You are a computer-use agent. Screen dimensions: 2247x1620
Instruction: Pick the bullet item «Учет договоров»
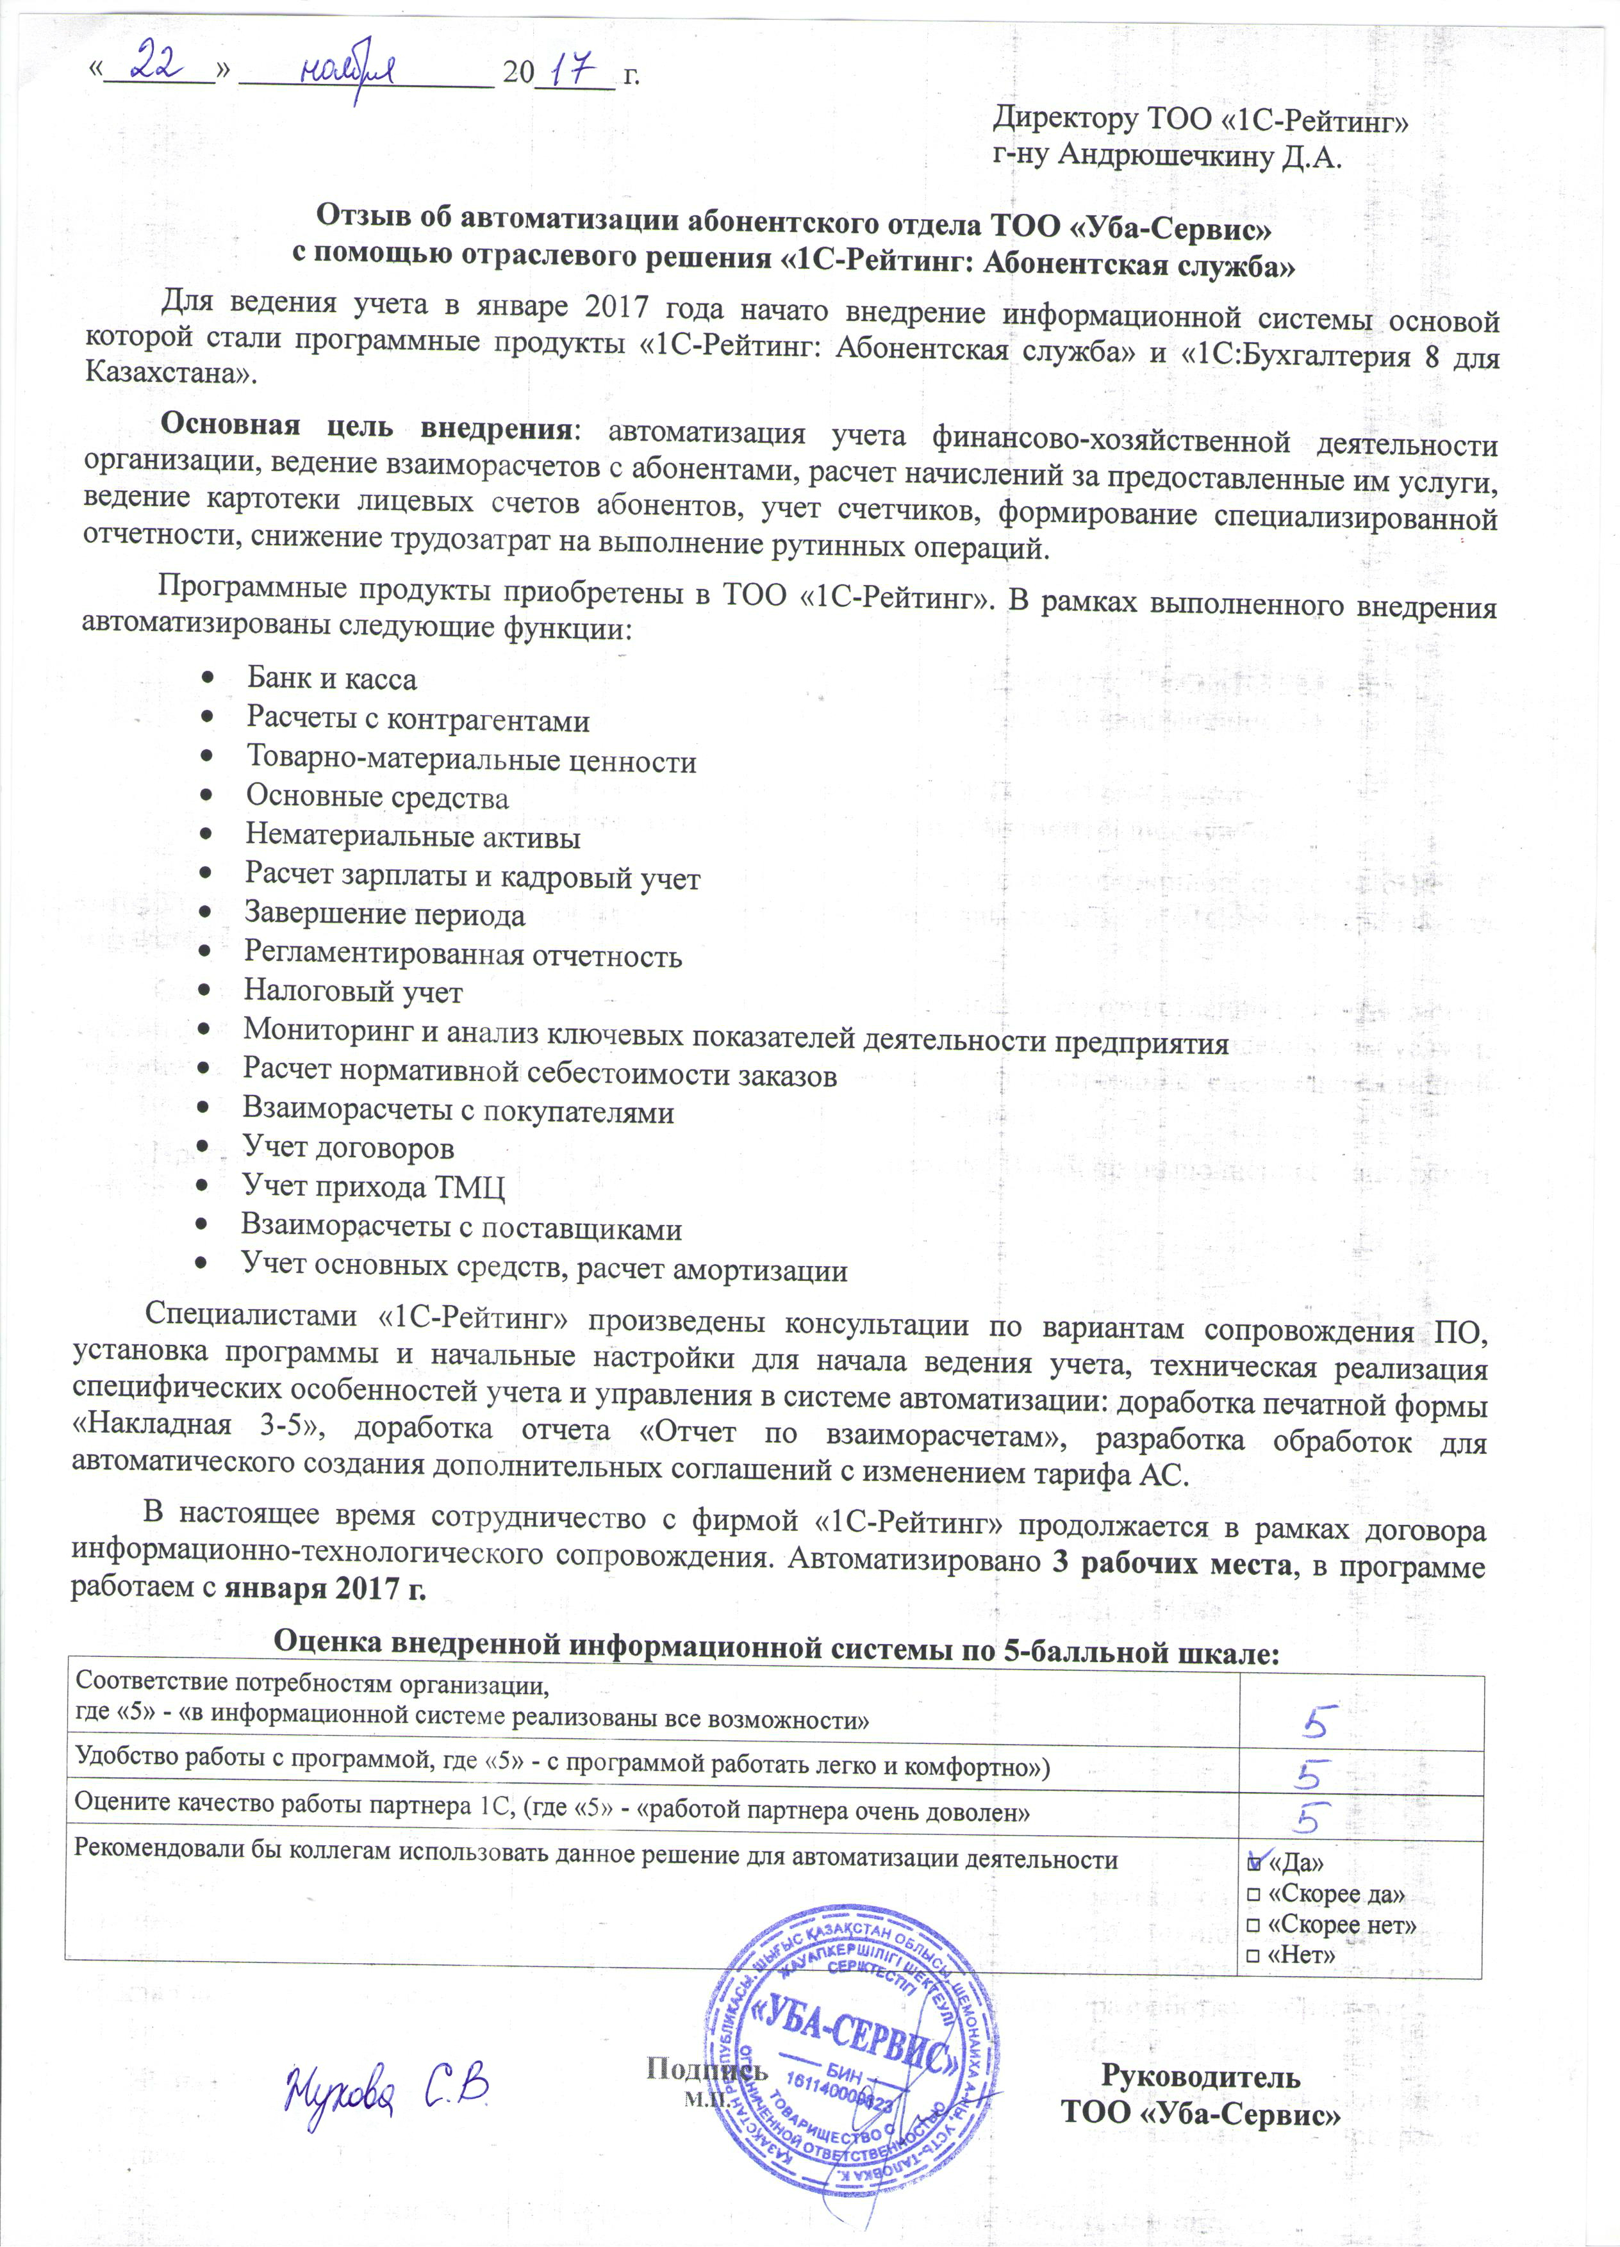[349, 1148]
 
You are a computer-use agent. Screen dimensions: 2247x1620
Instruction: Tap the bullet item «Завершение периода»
[384, 914]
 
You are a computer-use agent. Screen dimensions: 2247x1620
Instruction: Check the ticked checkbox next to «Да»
[1254, 1863]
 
